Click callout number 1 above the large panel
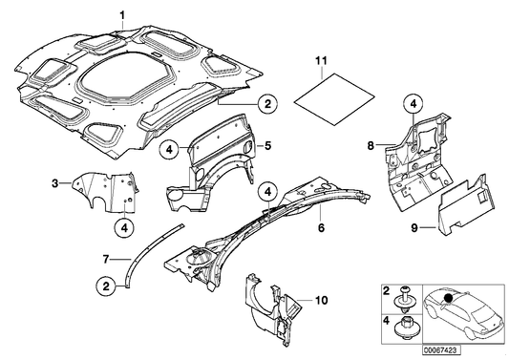pyautogui.click(x=121, y=12)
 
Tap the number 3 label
pyautogui.click(x=55, y=182)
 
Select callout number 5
pyautogui.click(x=268, y=145)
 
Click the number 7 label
pyautogui.click(x=108, y=257)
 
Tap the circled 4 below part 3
pyautogui.click(x=125, y=226)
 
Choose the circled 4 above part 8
pyautogui.click(x=412, y=103)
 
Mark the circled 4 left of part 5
pyautogui.click(x=167, y=148)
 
